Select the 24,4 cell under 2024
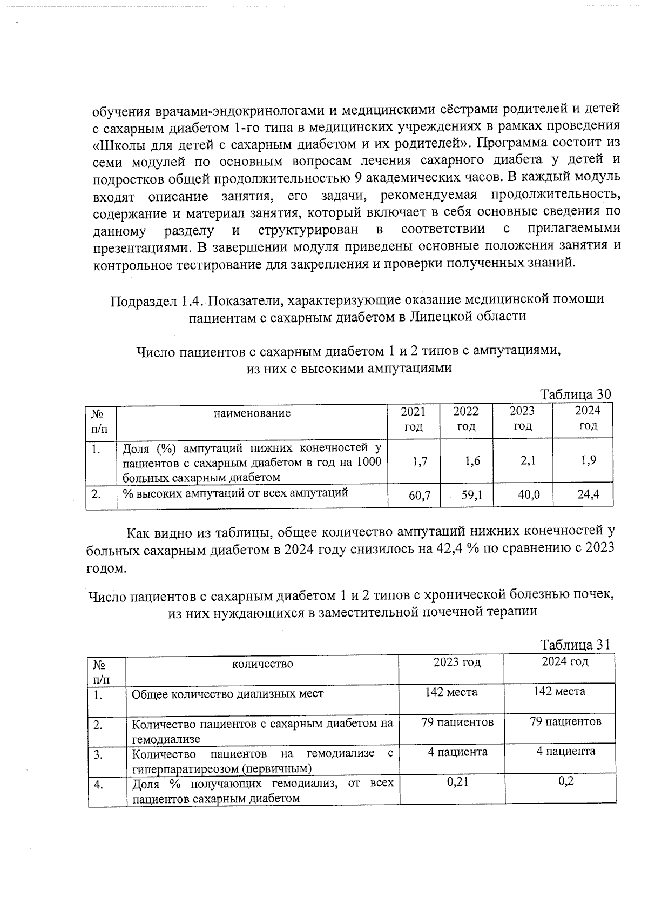[x=588, y=494]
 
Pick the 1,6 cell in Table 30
[x=471, y=460]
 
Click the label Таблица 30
[x=576, y=394]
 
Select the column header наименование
[x=252, y=413]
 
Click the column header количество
[x=262, y=664]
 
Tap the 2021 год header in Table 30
[x=413, y=419]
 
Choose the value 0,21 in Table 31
[x=457, y=781]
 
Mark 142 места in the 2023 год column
[x=451, y=692]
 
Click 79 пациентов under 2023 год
[x=457, y=722]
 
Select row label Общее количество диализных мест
[x=227, y=694]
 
